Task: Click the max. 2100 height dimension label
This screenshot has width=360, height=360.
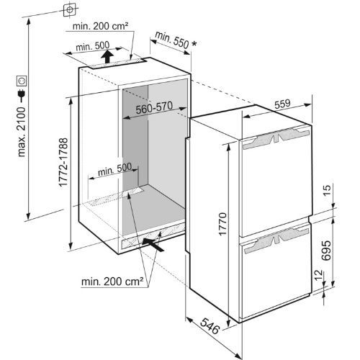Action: [x=22, y=132]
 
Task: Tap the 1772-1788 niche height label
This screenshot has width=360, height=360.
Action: [x=63, y=162]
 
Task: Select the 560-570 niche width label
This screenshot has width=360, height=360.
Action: [x=154, y=108]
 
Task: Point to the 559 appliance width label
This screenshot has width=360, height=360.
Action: [x=282, y=104]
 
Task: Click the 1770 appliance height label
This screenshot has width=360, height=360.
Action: [x=222, y=224]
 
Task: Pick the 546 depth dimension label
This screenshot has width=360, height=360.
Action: [x=210, y=325]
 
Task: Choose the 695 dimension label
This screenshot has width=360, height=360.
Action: [x=326, y=251]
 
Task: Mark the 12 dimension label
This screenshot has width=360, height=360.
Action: [x=318, y=275]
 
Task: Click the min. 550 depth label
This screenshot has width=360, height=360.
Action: [x=172, y=40]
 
